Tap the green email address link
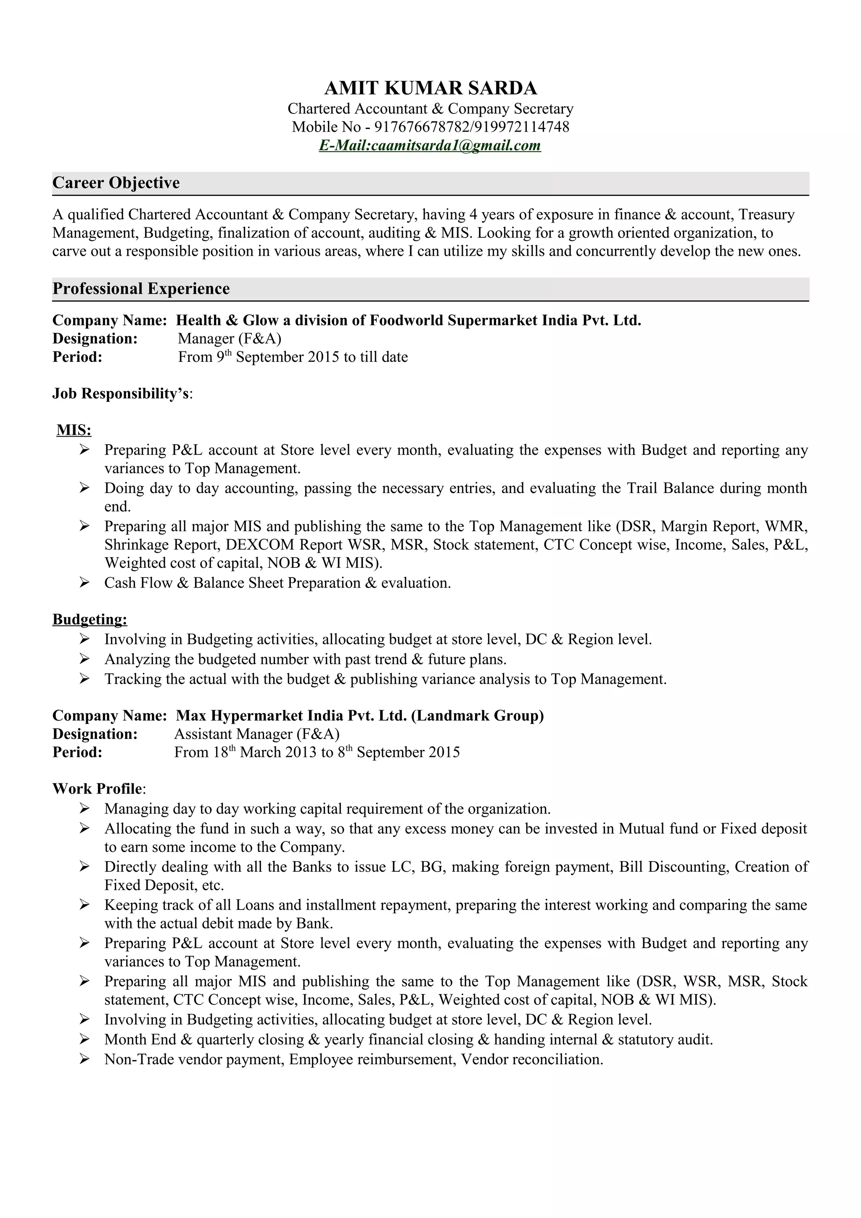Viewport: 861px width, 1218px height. click(430, 145)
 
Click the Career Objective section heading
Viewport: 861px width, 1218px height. click(116, 183)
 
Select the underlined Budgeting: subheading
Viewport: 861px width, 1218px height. click(90, 619)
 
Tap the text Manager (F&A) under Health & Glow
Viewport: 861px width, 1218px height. click(229, 338)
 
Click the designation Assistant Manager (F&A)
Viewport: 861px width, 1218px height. click(257, 734)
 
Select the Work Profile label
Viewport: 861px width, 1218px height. click(98, 789)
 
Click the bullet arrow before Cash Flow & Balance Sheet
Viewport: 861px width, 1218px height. click(85, 583)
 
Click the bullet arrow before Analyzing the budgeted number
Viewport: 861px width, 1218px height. click(85, 659)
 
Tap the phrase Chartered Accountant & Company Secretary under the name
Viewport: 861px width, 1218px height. click(430, 109)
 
